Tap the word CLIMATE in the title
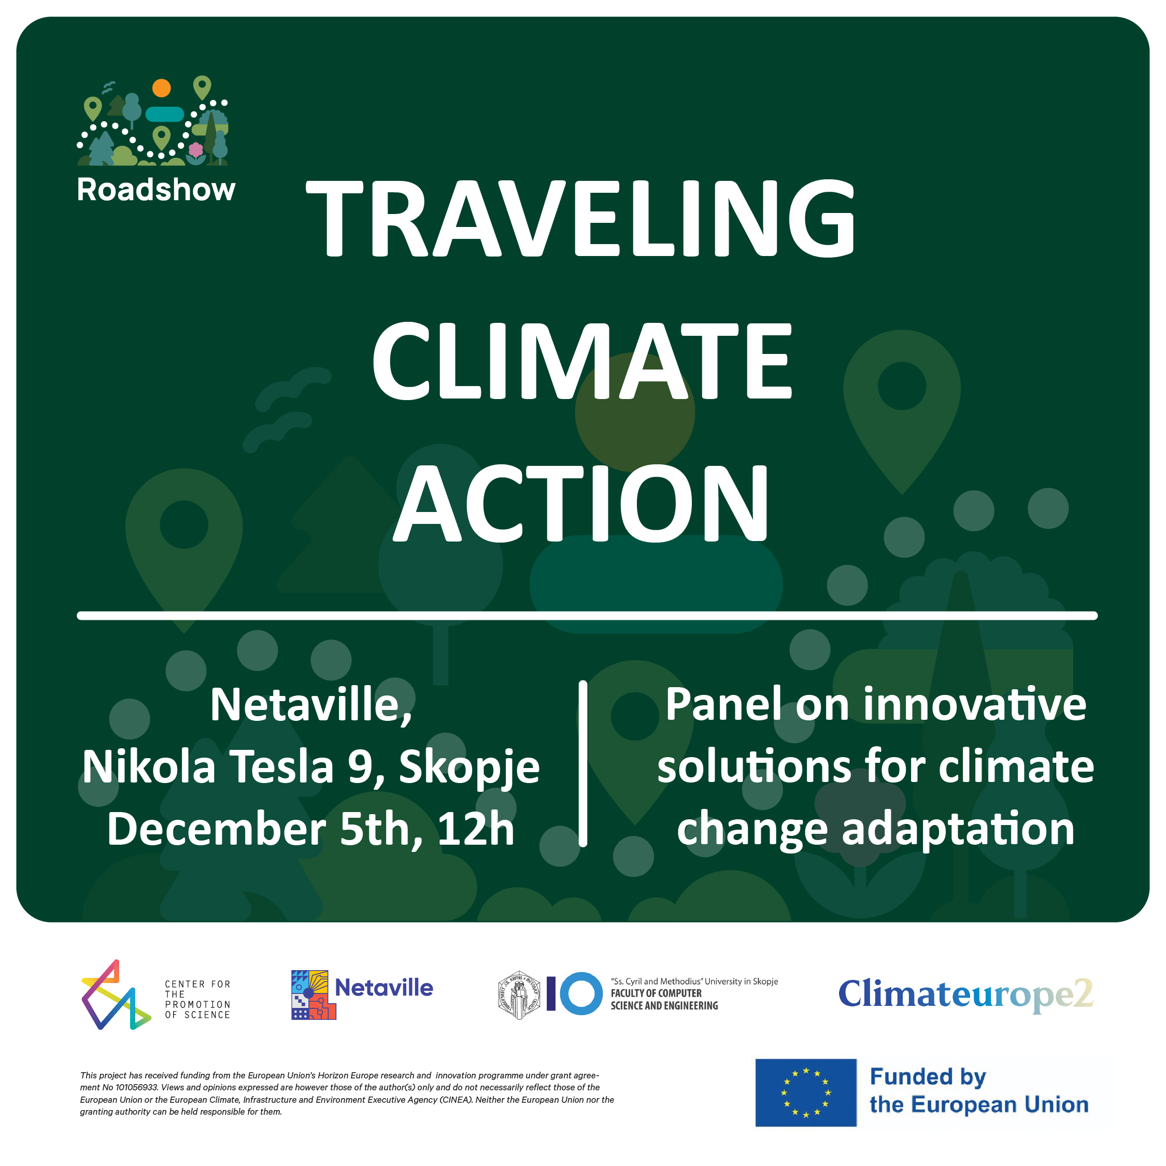pyautogui.click(x=582, y=360)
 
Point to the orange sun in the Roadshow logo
pyautogui.click(x=161, y=88)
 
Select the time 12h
pyautogui.click(x=476, y=829)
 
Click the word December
pyautogui.click(x=217, y=829)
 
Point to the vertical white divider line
pyautogui.click(x=583, y=763)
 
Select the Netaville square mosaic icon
pyautogui.click(x=313, y=994)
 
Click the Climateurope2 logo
pyautogui.click(x=965, y=994)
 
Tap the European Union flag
pyautogui.click(x=806, y=1092)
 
